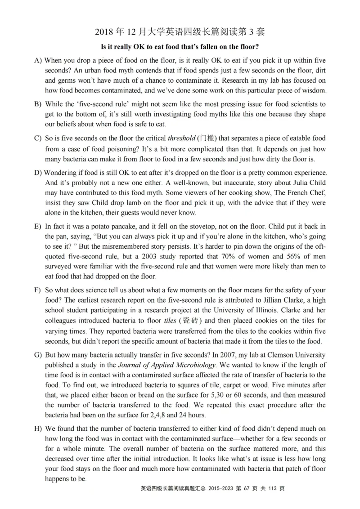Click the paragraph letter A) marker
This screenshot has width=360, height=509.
[x=38, y=60]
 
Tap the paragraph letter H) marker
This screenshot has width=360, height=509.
[x=38, y=429]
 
